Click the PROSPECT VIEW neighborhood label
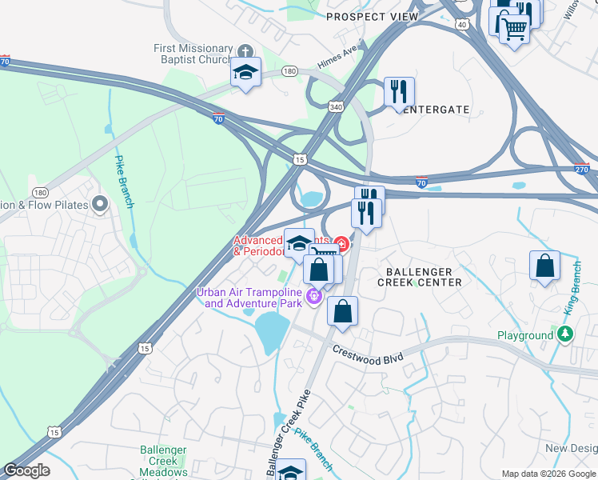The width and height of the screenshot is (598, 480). pos(372,17)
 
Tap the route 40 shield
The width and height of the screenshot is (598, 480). pos(462,25)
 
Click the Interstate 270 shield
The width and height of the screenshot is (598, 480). pos(582,169)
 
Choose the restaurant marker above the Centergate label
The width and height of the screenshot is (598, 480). pos(399,91)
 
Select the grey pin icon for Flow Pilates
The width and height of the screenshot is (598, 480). pos(100,205)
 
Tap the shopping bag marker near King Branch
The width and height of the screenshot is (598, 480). pos(544,266)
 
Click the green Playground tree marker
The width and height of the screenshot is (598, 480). pos(565,334)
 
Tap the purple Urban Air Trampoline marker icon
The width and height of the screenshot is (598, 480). pos(313,298)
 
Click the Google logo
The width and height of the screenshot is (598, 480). pos(26,470)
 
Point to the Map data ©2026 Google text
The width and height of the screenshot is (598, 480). pos(548,474)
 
